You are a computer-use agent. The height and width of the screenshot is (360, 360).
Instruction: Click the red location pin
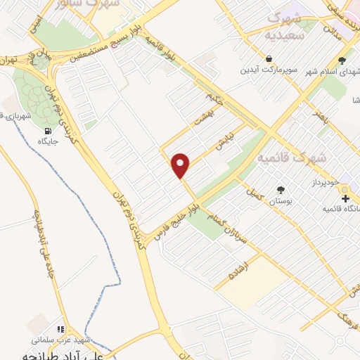181,165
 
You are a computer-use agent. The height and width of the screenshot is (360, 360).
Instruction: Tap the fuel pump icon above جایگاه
48,130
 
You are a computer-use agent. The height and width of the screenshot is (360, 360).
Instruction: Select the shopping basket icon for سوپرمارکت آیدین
269,58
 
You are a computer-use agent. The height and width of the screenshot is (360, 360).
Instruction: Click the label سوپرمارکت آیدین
266,70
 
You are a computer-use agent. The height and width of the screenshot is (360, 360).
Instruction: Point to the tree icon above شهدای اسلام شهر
342,60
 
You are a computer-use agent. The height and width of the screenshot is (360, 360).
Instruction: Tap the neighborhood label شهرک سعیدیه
285,24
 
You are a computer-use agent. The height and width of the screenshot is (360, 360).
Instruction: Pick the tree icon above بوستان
281,189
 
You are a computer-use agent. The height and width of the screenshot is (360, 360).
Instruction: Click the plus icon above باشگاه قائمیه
345,199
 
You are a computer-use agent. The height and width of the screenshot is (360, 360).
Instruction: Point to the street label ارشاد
231,270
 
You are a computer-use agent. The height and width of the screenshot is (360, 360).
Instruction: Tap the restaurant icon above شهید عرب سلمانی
61,329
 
